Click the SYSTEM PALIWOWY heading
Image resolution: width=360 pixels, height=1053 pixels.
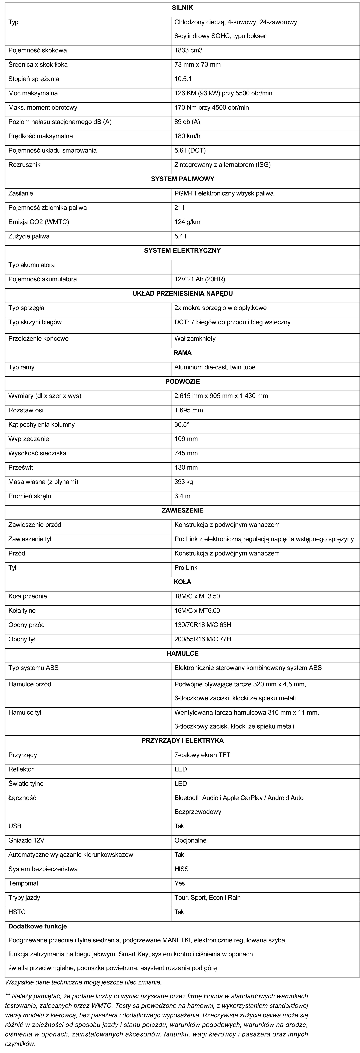pos(182,179)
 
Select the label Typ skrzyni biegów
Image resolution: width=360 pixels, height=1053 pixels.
pos(35,322)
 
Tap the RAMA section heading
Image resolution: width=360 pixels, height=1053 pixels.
pos(182,353)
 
